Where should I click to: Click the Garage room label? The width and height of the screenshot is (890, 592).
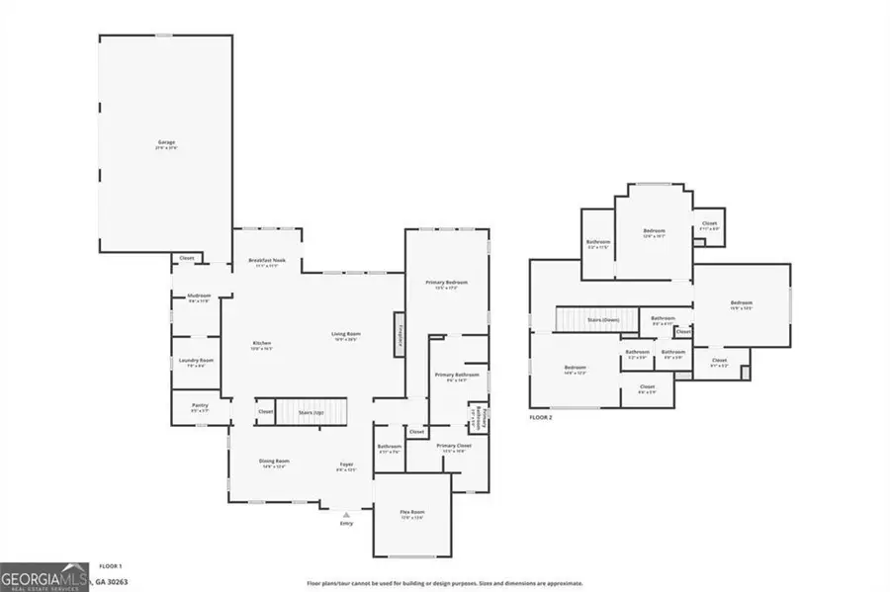pyautogui.click(x=166, y=143)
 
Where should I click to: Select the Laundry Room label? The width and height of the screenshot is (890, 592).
pyautogui.click(x=195, y=362)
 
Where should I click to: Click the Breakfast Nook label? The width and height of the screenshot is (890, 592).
pyautogui.click(x=267, y=262)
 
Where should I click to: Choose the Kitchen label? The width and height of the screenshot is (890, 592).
pyautogui.click(x=261, y=345)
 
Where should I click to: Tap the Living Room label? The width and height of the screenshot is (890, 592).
pyautogui.click(x=345, y=335)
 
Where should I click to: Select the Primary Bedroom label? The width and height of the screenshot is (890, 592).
pyautogui.click(x=446, y=285)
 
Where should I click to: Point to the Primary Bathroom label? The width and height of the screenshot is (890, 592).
pyautogui.click(x=456, y=377)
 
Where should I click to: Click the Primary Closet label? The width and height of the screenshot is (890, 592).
pyautogui.click(x=454, y=448)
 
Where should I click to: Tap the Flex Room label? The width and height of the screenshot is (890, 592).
pyautogui.click(x=411, y=514)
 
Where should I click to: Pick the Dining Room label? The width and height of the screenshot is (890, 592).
pyautogui.click(x=274, y=463)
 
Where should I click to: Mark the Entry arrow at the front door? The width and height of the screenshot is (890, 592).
pyautogui.click(x=346, y=514)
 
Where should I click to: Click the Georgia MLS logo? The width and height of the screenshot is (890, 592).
pyautogui.click(x=44, y=576)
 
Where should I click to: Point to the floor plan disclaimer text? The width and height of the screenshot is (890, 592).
pyautogui.click(x=444, y=583)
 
